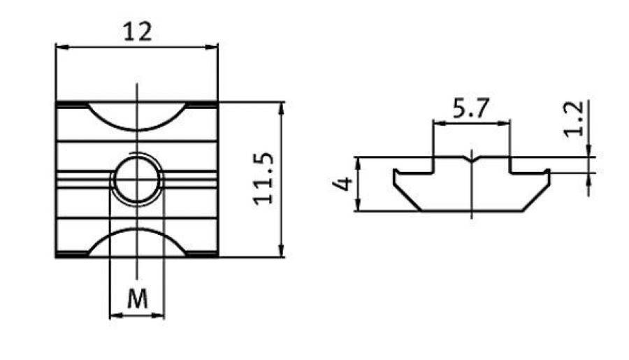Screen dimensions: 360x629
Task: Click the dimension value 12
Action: point(137,31)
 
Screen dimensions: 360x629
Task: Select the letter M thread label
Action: point(138,299)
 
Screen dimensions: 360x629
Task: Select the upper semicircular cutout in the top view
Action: point(137,116)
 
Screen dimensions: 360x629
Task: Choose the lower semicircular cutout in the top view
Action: point(137,243)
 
